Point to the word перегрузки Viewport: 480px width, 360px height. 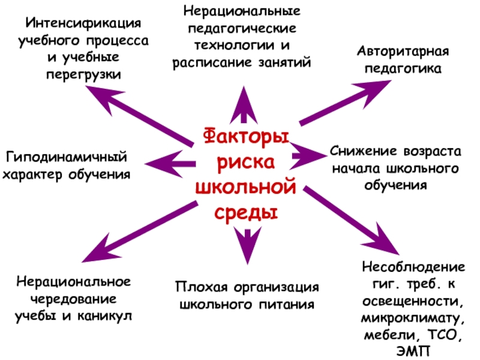[x=83, y=75]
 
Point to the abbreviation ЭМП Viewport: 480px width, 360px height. [x=413, y=349]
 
